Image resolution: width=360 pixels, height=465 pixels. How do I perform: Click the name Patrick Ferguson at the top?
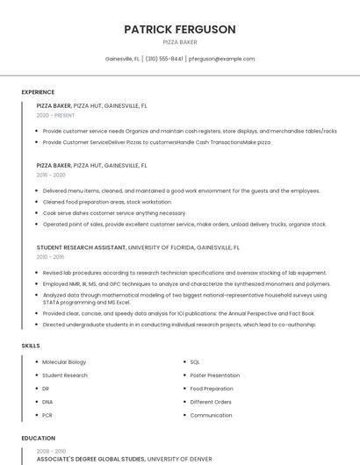[180, 29]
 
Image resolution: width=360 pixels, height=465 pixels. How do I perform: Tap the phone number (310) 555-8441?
[164, 59]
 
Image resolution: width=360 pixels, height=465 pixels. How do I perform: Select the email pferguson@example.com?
[221, 59]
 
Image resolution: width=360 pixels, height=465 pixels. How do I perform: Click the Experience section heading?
[38, 92]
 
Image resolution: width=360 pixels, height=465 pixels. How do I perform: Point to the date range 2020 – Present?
[55, 115]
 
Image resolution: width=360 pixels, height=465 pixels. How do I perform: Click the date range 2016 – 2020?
[51, 175]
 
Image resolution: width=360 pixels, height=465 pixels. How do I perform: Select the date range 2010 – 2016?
[50, 257]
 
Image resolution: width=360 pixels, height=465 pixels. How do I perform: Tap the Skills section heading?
[31, 346]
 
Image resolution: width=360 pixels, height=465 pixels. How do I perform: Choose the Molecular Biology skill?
[64, 361]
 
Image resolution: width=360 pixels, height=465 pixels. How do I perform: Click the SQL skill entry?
[195, 361]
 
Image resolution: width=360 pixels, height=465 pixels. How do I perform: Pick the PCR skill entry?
[47, 415]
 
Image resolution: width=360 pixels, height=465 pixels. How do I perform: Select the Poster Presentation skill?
[215, 375]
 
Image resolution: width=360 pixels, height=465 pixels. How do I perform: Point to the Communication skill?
[211, 415]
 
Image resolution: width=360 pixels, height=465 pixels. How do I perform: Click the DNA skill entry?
[47, 402]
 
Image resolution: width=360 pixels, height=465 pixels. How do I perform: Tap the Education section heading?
[39, 438]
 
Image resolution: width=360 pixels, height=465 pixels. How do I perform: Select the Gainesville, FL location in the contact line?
[122, 59]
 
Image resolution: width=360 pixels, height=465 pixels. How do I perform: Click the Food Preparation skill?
[212, 388]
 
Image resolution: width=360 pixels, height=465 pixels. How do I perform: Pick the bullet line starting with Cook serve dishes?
[114, 212]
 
